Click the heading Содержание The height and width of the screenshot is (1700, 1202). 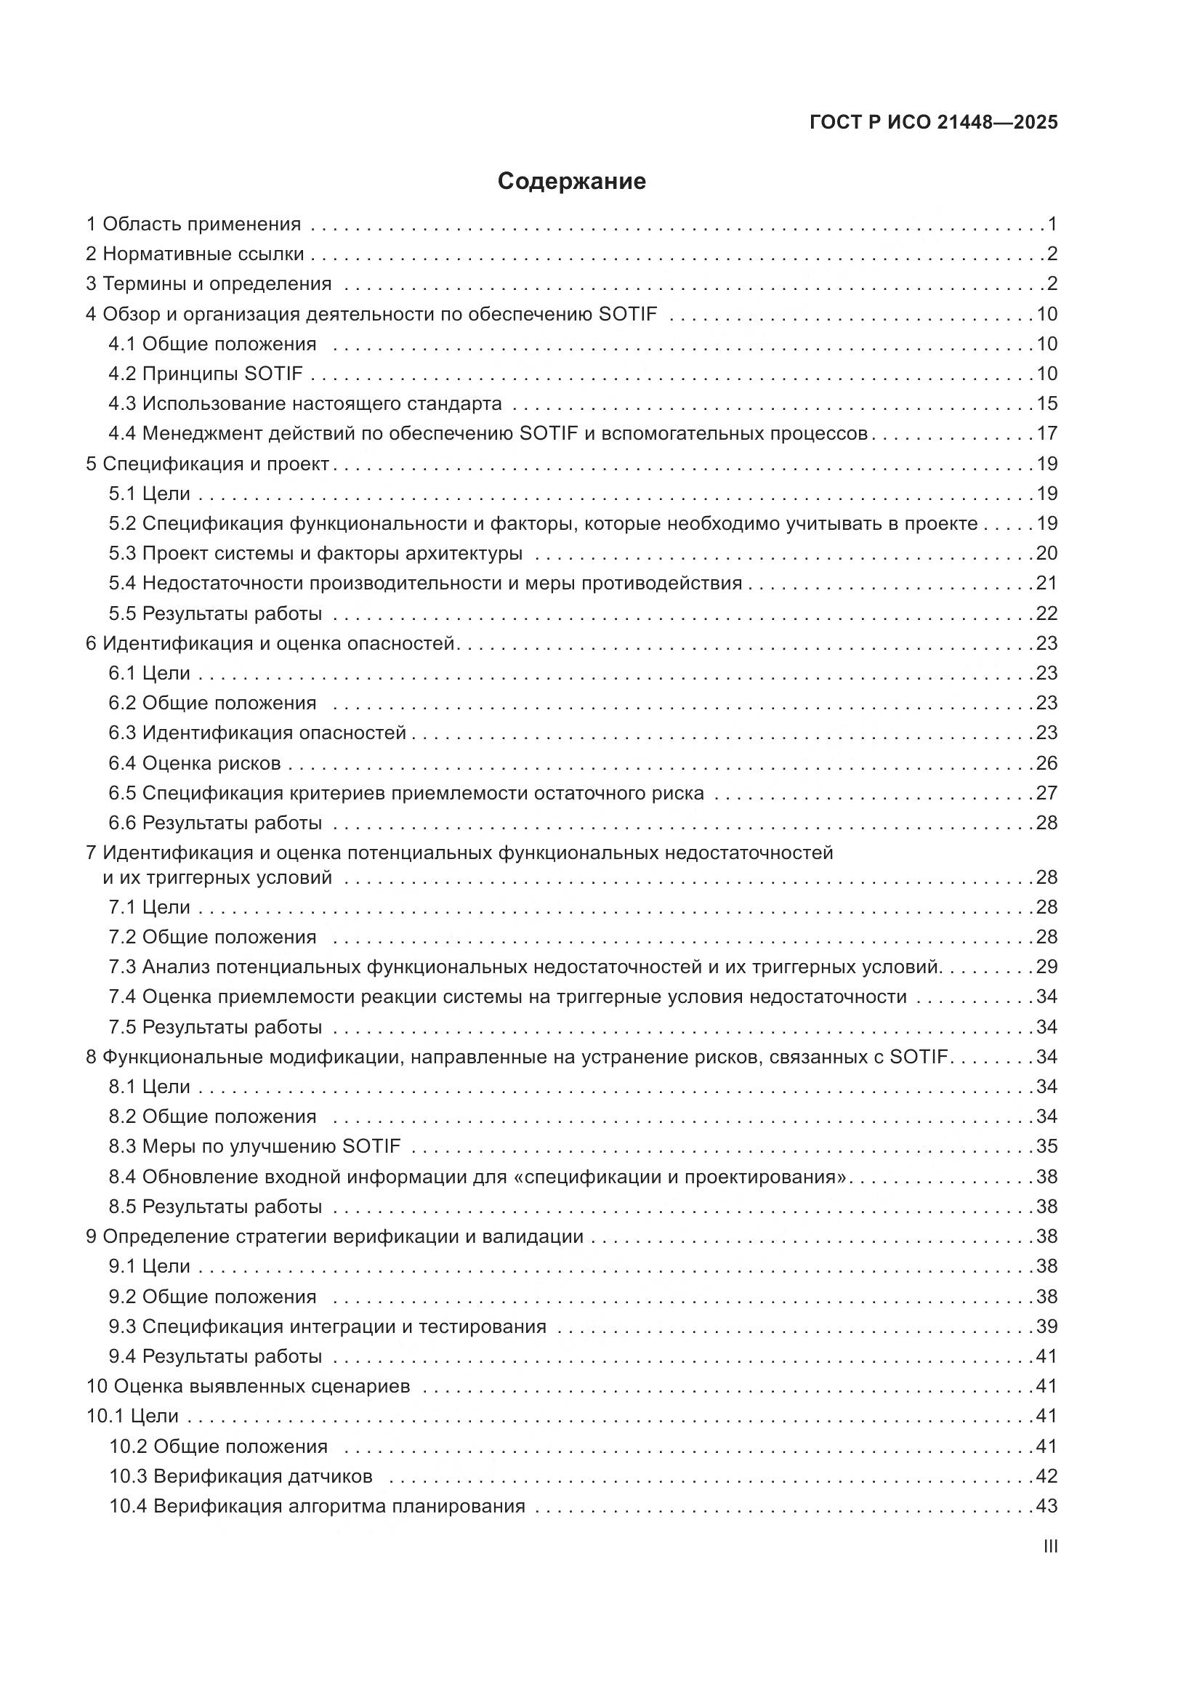tap(571, 182)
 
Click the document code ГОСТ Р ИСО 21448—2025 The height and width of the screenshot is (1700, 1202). tap(934, 122)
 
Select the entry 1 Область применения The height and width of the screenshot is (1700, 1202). tap(194, 224)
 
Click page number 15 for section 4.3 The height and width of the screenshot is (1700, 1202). tap(1046, 403)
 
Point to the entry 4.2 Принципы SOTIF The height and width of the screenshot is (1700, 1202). tap(206, 374)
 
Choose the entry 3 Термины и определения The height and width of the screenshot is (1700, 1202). tap(209, 283)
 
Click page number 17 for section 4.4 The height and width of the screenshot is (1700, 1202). tap(1046, 433)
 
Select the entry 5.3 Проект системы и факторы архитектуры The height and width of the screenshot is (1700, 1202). tap(315, 553)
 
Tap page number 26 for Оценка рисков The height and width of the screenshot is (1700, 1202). tap(1046, 762)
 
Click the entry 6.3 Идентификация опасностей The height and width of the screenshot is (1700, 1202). tap(257, 733)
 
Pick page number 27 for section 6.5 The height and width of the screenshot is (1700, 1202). tap(1046, 793)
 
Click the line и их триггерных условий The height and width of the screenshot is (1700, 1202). tap(217, 877)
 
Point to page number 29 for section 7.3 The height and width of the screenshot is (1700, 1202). tap(1046, 966)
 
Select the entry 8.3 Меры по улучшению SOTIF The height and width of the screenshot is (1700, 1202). tap(254, 1146)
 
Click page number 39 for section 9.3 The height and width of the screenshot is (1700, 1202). tap(1046, 1326)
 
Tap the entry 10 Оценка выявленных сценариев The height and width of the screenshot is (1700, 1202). tap(248, 1386)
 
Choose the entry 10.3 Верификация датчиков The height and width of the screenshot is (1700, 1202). tap(241, 1476)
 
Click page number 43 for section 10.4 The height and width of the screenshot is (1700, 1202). tap(1046, 1506)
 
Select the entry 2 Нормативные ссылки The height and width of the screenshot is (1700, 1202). tap(195, 254)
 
